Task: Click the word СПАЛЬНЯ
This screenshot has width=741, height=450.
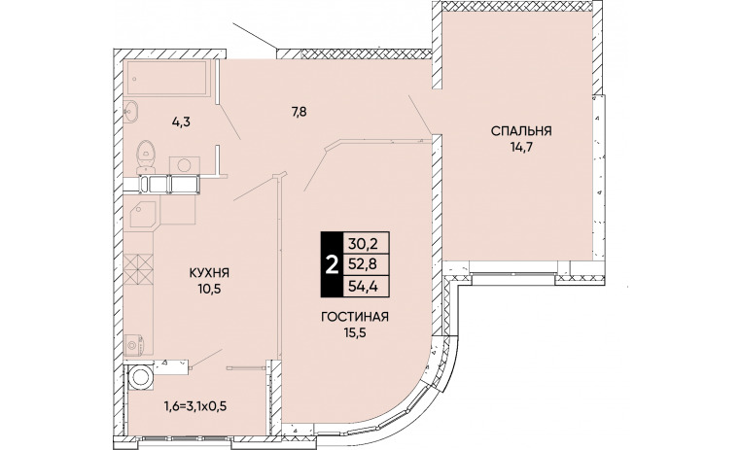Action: click(521, 131)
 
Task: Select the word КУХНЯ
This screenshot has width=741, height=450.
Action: click(209, 273)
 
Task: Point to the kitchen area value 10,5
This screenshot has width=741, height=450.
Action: click(209, 289)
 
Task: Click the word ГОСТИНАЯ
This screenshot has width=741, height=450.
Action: click(355, 317)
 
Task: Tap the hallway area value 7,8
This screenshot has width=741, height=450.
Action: click(300, 113)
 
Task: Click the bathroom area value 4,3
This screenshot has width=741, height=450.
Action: click(181, 122)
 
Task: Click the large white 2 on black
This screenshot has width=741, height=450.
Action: click(333, 265)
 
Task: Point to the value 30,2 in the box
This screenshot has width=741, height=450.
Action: click(364, 243)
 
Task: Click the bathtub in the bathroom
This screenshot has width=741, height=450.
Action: click(165, 78)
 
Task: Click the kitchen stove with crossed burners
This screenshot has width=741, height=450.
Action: click(138, 268)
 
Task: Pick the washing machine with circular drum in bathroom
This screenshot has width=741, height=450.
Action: click(185, 164)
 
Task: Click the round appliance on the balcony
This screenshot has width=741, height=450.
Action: click(141, 376)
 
